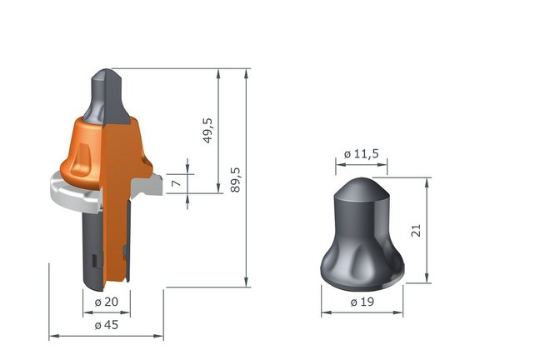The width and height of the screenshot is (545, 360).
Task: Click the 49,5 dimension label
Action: [x=207, y=130]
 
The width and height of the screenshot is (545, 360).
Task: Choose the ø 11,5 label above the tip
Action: [x=361, y=155]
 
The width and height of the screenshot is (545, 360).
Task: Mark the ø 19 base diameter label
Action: [x=361, y=300]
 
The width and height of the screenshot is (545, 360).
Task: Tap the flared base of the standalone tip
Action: [x=361, y=271]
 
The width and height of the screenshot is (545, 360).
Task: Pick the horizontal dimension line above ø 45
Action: [x=106, y=336]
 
